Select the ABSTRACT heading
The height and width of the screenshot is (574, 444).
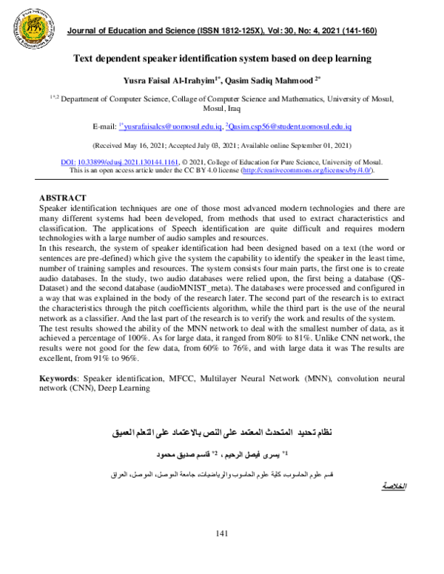tap(62, 198)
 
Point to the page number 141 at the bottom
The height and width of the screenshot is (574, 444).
tap(221, 555)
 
